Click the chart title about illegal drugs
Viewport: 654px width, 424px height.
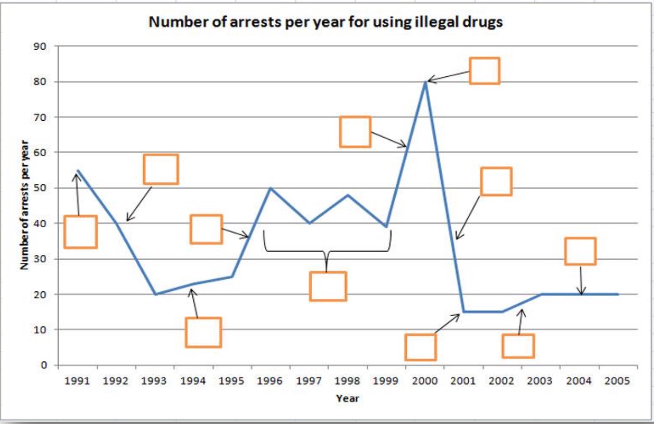pyautogui.click(x=326, y=22)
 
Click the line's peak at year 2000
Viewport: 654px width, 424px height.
pyautogui.click(x=425, y=82)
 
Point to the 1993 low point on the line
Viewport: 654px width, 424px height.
pyautogui.click(x=155, y=294)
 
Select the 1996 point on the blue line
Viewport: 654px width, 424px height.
pyautogui.click(x=271, y=188)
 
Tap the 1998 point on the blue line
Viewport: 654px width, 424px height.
pyautogui.click(x=348, y=195)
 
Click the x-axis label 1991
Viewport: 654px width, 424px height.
pyautogui.click(x=77, y=381)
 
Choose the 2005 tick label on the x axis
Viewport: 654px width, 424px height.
pyautogui.click(x=618, y=381)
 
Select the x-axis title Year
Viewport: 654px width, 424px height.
pyautogui.click(x=348, y=398)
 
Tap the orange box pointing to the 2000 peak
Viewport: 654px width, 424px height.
pyautogui.click(x=485, y=71)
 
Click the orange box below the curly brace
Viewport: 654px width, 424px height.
pyautogui.click(x=327, y=286)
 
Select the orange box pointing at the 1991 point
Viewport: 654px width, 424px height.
pyautogui.click(x=81, y=232)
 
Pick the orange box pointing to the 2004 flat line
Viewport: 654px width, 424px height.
pyautogui.click(x=580, y=251)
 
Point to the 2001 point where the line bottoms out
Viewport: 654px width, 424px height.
pyautogui.click(x=463, y=312)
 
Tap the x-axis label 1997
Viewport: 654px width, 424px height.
pyautogui.click(x=309, y=381)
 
